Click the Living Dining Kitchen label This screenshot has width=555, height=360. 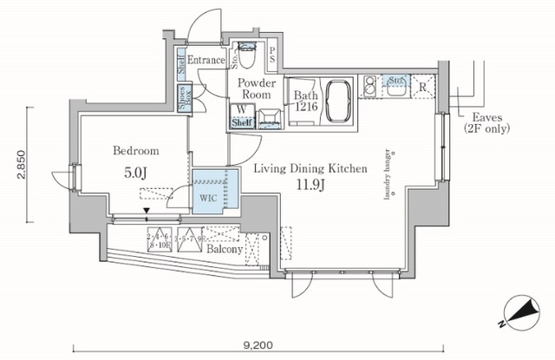(310, 169)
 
